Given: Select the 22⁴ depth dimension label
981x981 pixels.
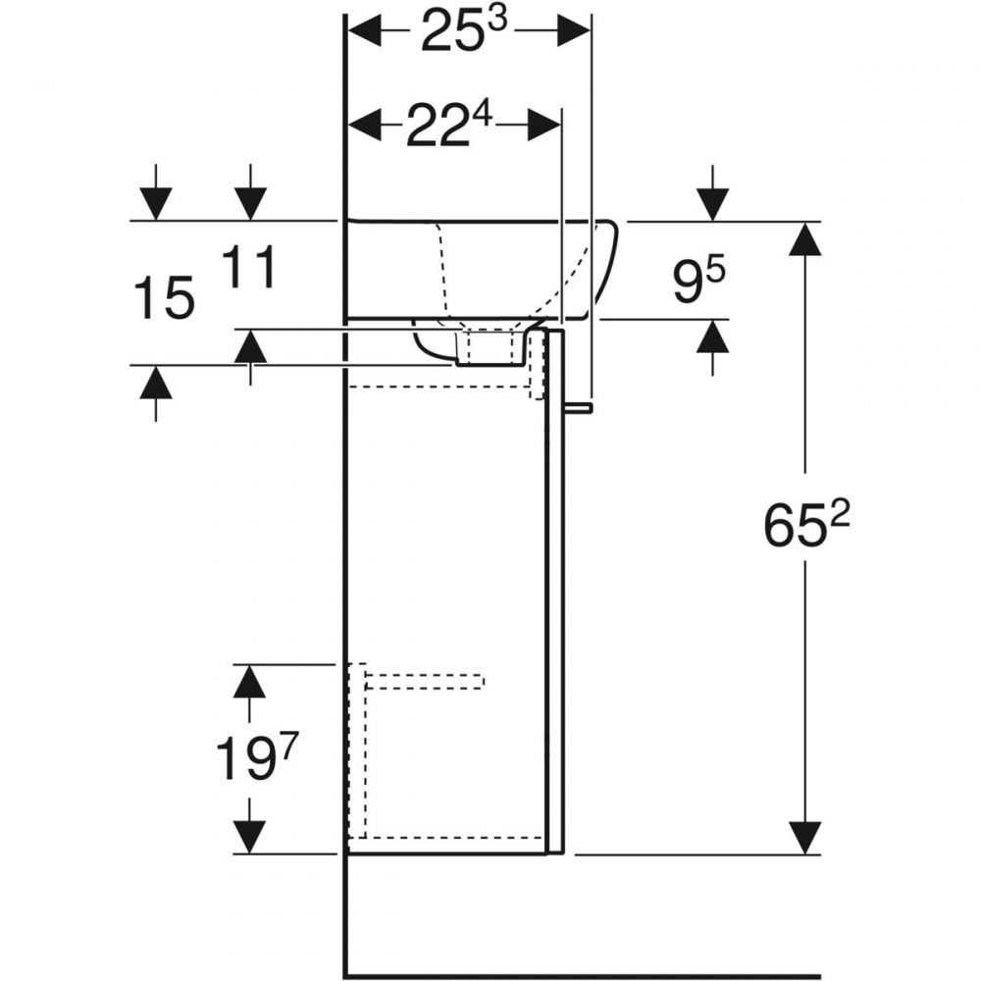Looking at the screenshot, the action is point(450,126).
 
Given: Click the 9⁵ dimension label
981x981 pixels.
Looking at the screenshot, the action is point(698,282).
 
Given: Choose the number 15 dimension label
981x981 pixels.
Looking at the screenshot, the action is point(165,299).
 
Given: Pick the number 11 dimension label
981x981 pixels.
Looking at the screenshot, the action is point(249,267).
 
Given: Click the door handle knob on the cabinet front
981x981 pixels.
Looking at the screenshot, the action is point(578,408).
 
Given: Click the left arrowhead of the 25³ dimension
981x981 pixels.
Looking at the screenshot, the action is point(365,30).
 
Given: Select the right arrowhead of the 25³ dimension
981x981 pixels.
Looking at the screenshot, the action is point(573,30).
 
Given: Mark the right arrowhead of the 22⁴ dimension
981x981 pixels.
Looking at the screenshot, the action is point(544,125).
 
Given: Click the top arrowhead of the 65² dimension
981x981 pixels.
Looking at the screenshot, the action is point(804,238).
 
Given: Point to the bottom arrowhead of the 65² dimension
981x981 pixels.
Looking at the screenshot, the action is point(804,837).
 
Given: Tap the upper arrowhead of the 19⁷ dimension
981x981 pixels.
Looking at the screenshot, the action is point(249,681).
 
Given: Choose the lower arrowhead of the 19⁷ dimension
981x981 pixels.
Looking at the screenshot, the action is point(249,837).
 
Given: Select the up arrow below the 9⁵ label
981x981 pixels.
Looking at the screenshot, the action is point(712,336).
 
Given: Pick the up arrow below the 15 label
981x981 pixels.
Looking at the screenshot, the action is point(155,382).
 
